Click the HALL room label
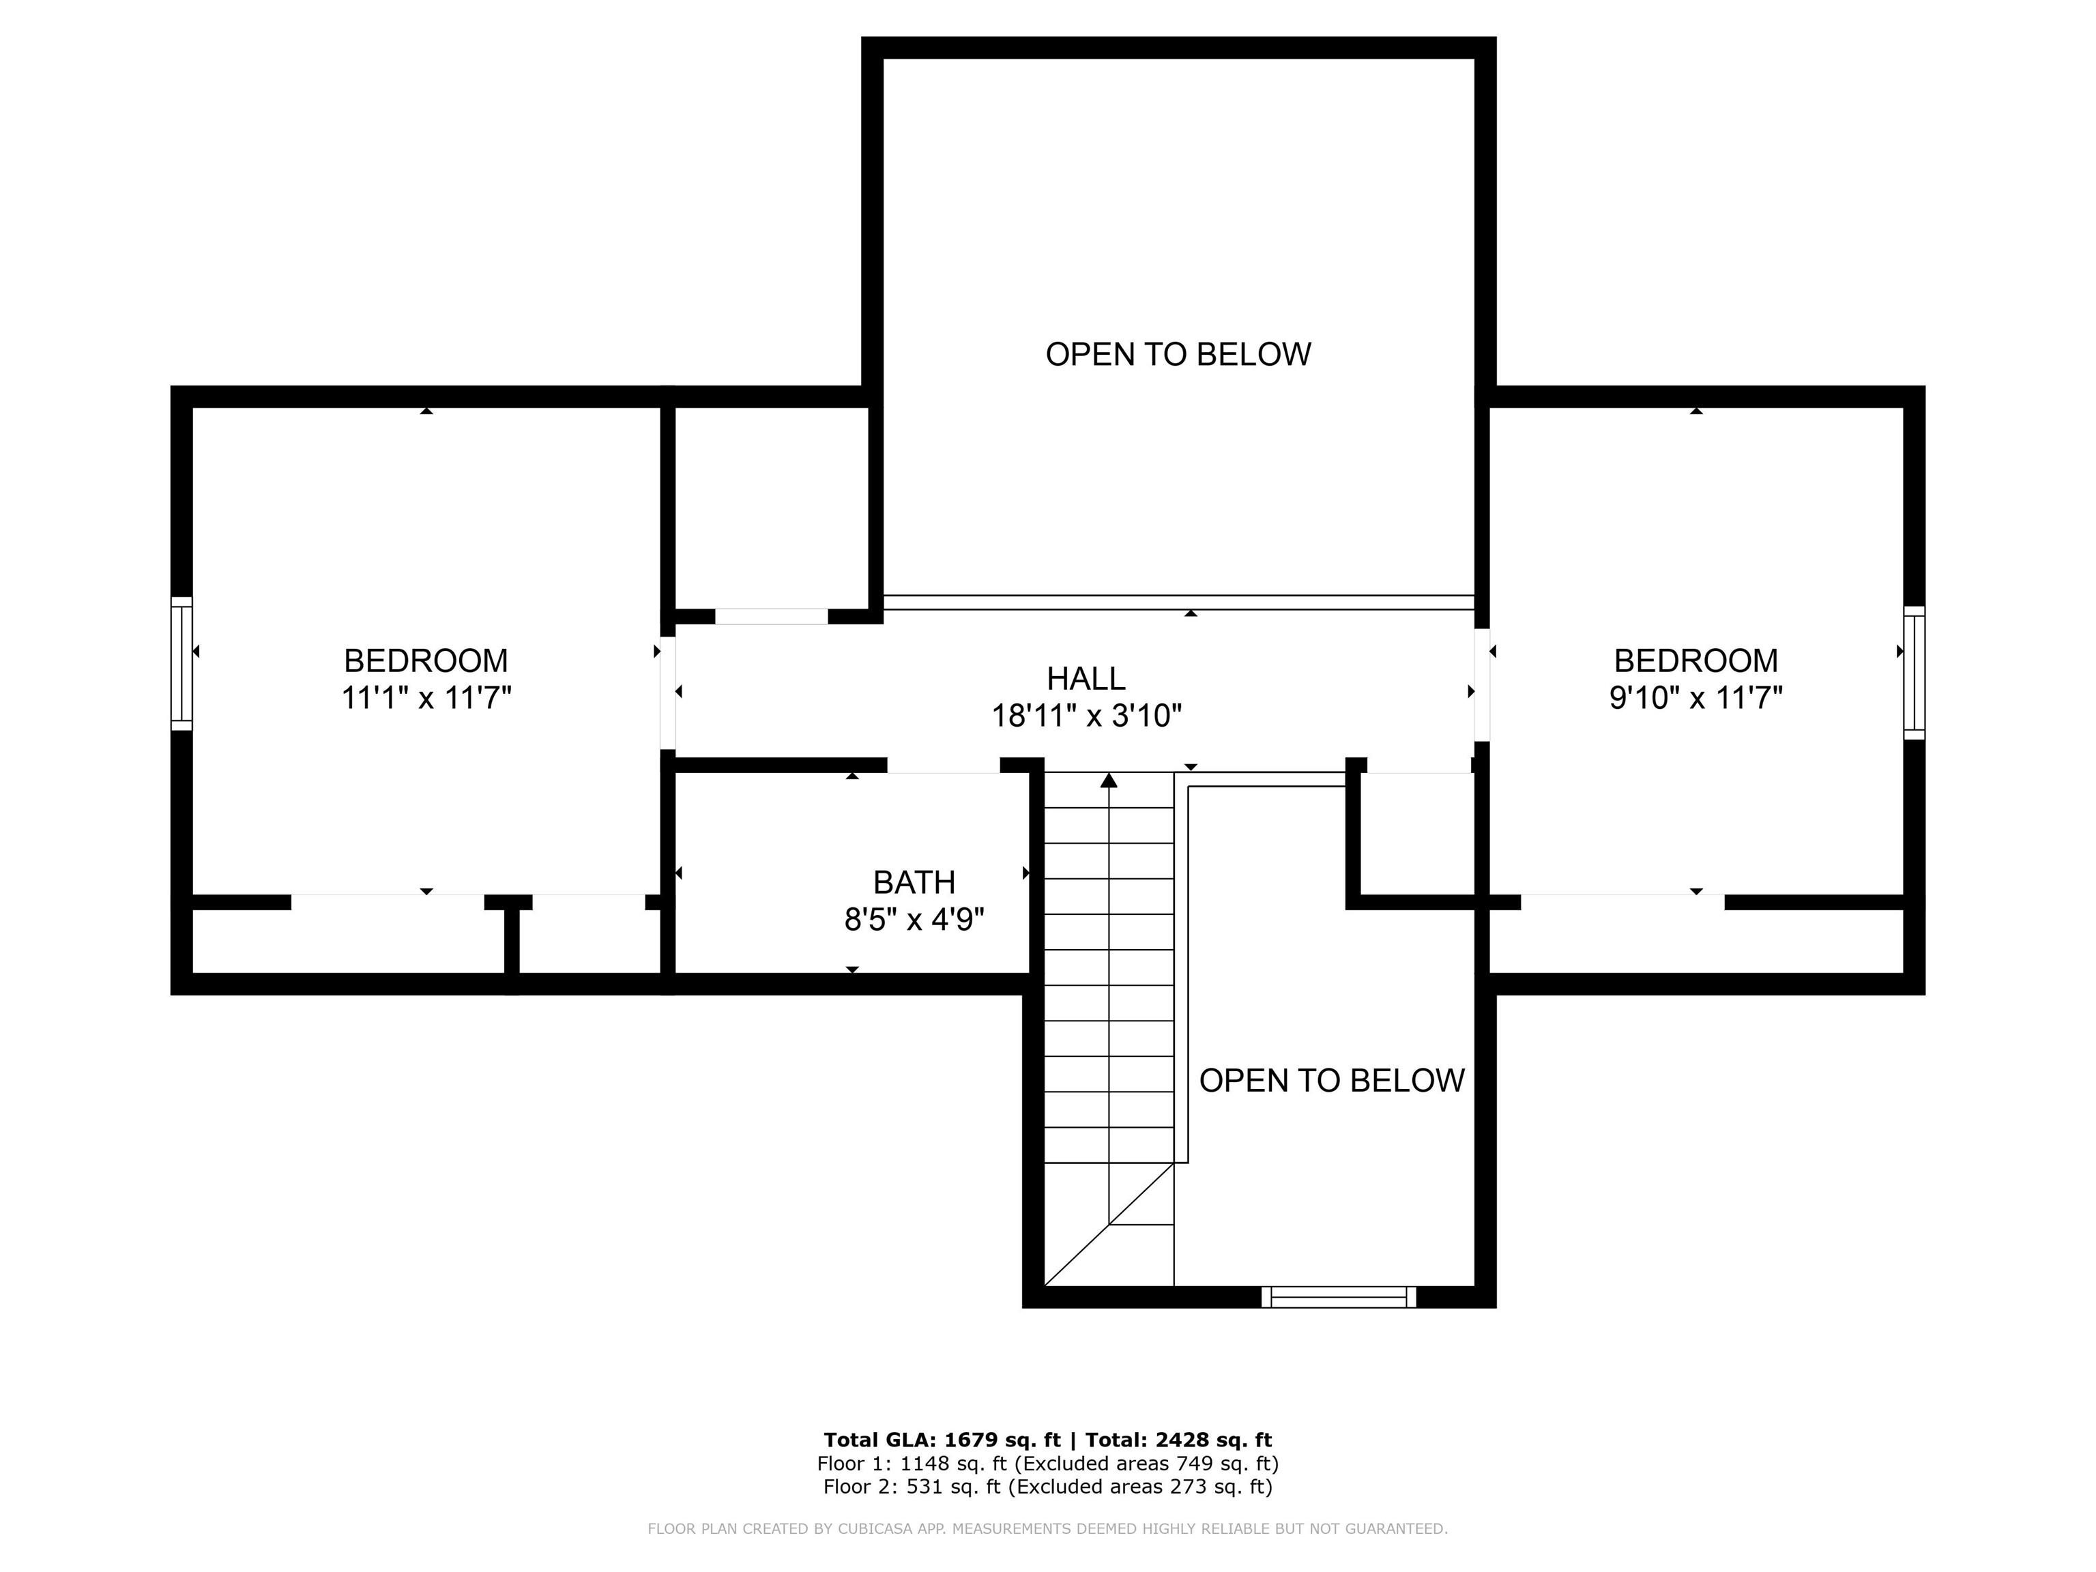(1086, 678)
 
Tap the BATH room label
(914, 882)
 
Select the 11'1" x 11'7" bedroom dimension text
(426, 699)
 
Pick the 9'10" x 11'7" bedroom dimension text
(1696, 699)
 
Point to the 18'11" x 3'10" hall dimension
(1087, 716)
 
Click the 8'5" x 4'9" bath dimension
(914, 919)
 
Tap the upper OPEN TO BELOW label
(1178, 354)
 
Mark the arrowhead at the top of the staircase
(1109, 780)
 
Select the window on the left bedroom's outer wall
(181, 663)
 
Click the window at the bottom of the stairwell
(1339, 1297)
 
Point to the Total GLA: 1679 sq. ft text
(942, 1440)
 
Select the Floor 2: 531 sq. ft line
(1048, 1487)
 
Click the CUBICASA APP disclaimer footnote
(1048, 1528)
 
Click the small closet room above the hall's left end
(771, 508)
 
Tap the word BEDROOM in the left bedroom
(426, 660)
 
